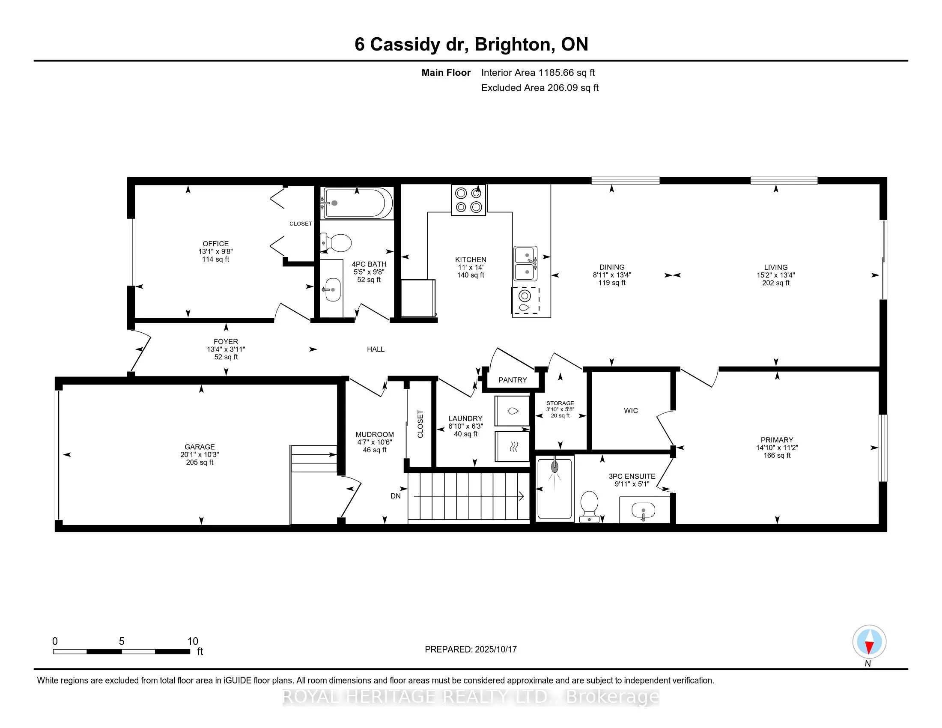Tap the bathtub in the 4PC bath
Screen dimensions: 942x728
click(x=358, y=203)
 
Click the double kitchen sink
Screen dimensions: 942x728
click(x=525, y=263)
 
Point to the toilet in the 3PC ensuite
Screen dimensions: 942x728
click(x=589, y=507)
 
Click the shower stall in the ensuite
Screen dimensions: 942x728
click(x=554, y=489)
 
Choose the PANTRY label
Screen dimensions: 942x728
click(x=513, y=380)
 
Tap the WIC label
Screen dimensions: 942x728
click(x=631, y=411)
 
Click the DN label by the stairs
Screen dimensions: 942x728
click(x=396, y=496)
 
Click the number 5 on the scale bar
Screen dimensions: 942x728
click(x=122, y=641)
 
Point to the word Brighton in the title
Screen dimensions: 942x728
click(x=515, y=45)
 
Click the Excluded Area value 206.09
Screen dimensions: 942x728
click(x=563, y=88)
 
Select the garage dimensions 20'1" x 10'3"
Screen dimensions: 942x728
click(x=200, y=454)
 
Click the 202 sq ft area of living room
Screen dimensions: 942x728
click(x=775, y=283)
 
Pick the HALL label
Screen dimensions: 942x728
click(x=375, y=349)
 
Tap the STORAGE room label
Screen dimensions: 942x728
click(x=560, y=403)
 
